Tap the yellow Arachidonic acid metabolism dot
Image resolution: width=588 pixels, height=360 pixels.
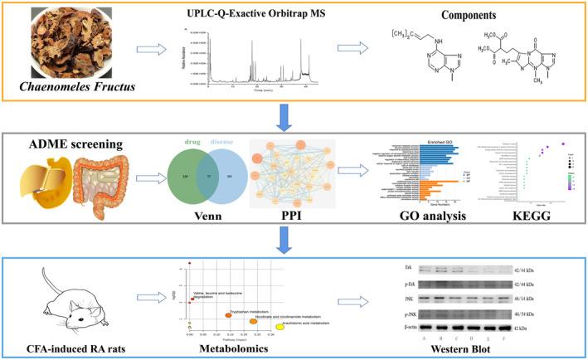(279, 328)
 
